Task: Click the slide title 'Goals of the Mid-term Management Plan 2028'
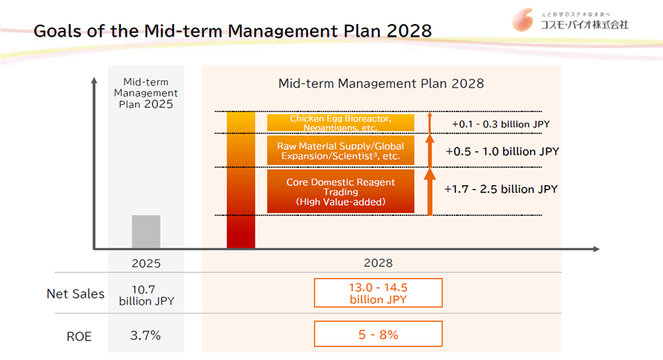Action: point(232,31)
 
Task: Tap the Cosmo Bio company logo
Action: point(570,20)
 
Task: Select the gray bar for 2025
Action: point(146,232)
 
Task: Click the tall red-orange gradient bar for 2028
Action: point(241,180)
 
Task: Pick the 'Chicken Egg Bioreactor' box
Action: point(340,123)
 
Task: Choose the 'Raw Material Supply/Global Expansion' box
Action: point(340,151)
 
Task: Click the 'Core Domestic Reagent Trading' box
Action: point(340,191)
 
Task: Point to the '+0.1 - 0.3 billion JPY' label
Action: point(501,124)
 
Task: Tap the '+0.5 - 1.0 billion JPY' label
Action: point(502,151)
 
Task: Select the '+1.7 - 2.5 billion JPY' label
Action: point(501,189)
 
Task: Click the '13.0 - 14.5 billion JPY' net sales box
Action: point(378,292)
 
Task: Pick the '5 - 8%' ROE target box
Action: point(378,334)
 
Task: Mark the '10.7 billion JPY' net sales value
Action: point(146,295)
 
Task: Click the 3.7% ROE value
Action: point(145,335)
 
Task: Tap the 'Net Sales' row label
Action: point(75,293)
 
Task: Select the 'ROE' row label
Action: point(79,336)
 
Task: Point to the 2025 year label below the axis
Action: point(146,263)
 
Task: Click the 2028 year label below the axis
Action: point(378,263)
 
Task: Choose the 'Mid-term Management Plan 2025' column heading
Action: point(146,93)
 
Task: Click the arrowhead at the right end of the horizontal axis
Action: point(596,249)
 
